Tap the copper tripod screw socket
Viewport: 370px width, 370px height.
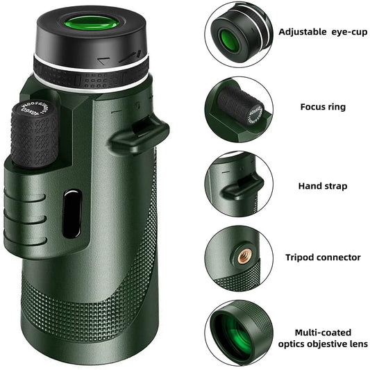point(244,257)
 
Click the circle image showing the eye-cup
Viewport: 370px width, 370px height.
point(237,34)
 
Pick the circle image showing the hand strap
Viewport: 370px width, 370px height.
point(237,184)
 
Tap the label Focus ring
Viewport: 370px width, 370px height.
point(322,108)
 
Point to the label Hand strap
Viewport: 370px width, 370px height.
point(322,186)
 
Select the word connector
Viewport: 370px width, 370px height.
point(339,258)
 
